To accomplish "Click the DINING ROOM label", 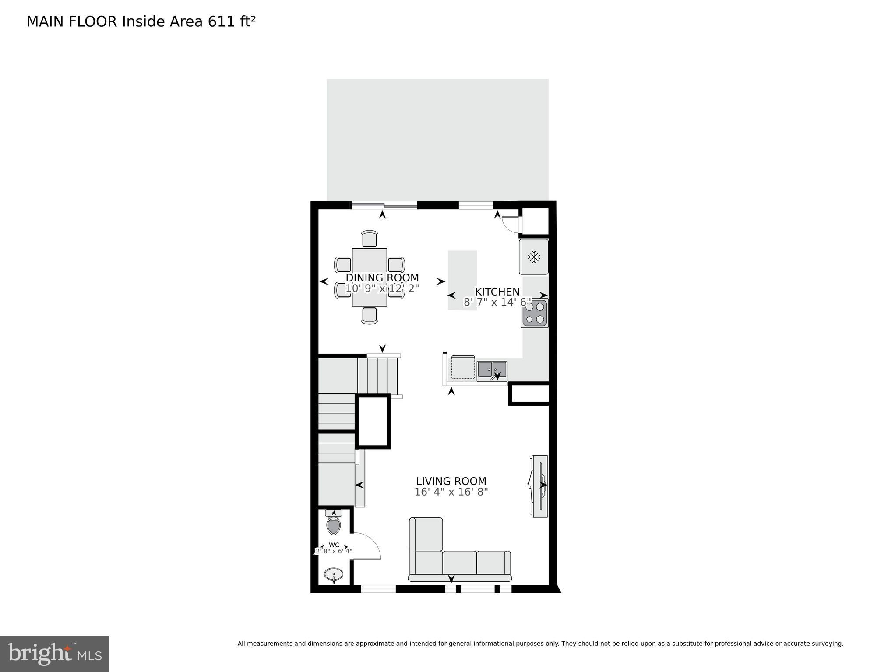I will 382,278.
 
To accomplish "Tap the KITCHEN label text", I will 497,292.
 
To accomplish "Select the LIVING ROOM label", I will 451,482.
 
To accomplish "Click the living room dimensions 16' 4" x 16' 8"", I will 451,492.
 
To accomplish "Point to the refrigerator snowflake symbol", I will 534,257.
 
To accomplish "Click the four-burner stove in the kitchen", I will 535,313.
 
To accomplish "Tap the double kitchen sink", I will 492,370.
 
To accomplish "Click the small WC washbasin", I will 334,574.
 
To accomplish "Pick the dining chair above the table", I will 370,239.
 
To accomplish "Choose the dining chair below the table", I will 370,315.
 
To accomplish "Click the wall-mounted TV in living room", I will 539,486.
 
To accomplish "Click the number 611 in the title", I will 221,21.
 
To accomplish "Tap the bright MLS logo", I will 54,654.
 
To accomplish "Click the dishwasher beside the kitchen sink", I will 463,368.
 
